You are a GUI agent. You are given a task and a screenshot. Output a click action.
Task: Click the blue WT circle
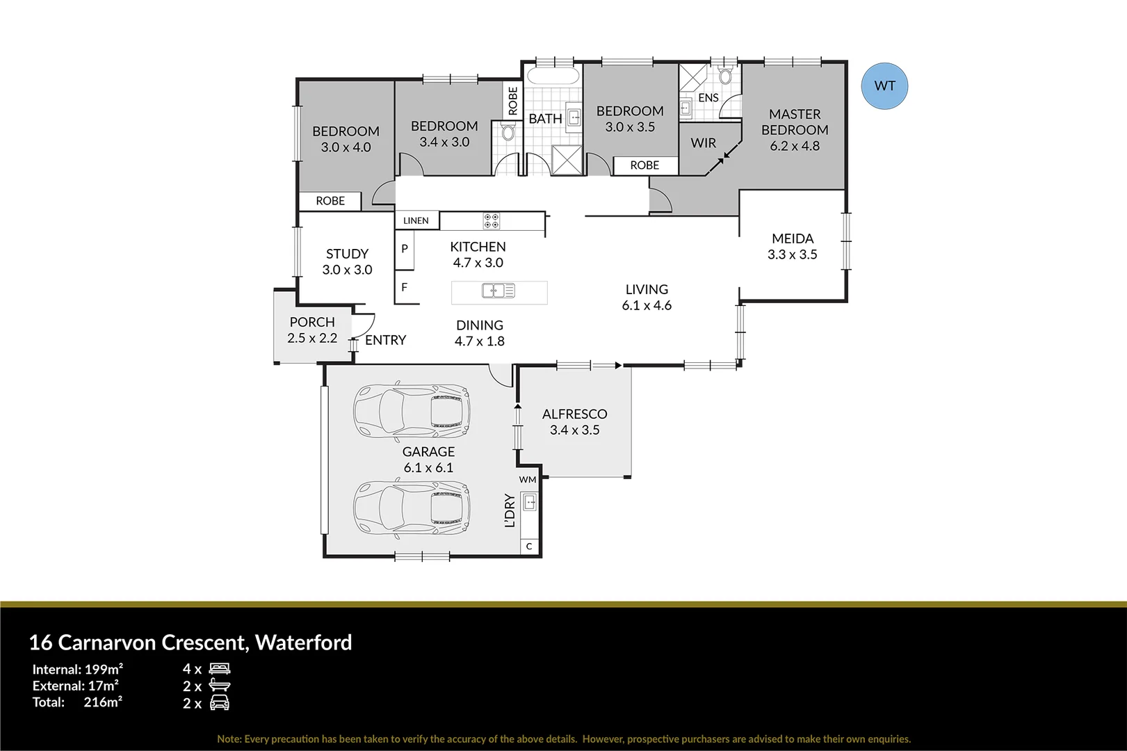click(884, 86)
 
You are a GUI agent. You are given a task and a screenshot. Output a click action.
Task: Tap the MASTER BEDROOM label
click(795, 122)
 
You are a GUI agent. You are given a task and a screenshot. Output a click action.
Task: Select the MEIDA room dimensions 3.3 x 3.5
click(792, 255)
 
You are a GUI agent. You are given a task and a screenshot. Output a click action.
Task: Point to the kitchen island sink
click(498, 291)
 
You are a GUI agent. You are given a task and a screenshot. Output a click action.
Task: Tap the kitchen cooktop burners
click(492, 221)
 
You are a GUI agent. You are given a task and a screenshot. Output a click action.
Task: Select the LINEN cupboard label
click(416, 220)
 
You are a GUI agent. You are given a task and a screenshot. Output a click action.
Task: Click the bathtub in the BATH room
click(553, 76)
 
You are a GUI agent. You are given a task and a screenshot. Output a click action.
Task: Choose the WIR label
click(703, 143)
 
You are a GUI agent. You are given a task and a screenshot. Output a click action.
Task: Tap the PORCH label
click(312, 322)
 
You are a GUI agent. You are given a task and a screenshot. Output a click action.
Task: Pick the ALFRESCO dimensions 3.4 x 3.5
click(574, 430)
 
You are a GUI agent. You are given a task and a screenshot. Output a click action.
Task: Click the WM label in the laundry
click(528, 480)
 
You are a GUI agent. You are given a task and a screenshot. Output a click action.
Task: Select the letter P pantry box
click(405, 249)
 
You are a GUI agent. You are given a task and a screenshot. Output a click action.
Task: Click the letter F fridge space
click(405, 287)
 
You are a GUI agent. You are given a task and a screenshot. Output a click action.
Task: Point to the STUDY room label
click(347, 254)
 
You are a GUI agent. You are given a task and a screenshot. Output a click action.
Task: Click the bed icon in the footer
click(220, 669)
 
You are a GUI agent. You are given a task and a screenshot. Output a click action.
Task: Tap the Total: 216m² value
click(103, 702)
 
